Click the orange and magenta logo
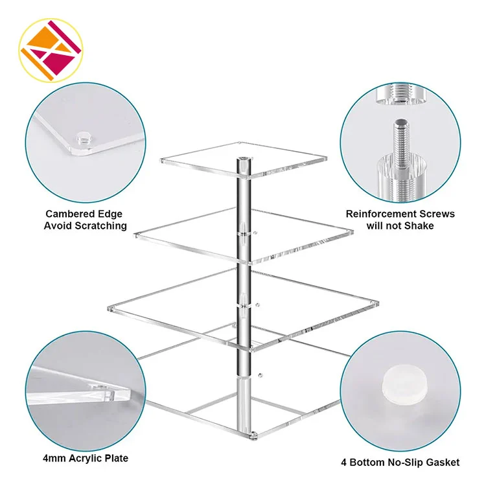point(51,50)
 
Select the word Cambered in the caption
point(71,214)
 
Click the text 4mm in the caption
point(54,458)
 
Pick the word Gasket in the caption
point(443,463)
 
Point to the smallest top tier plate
point(244,160)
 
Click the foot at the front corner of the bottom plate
point(253,435)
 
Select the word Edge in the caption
point(110,214)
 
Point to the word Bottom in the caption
point(366,463)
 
